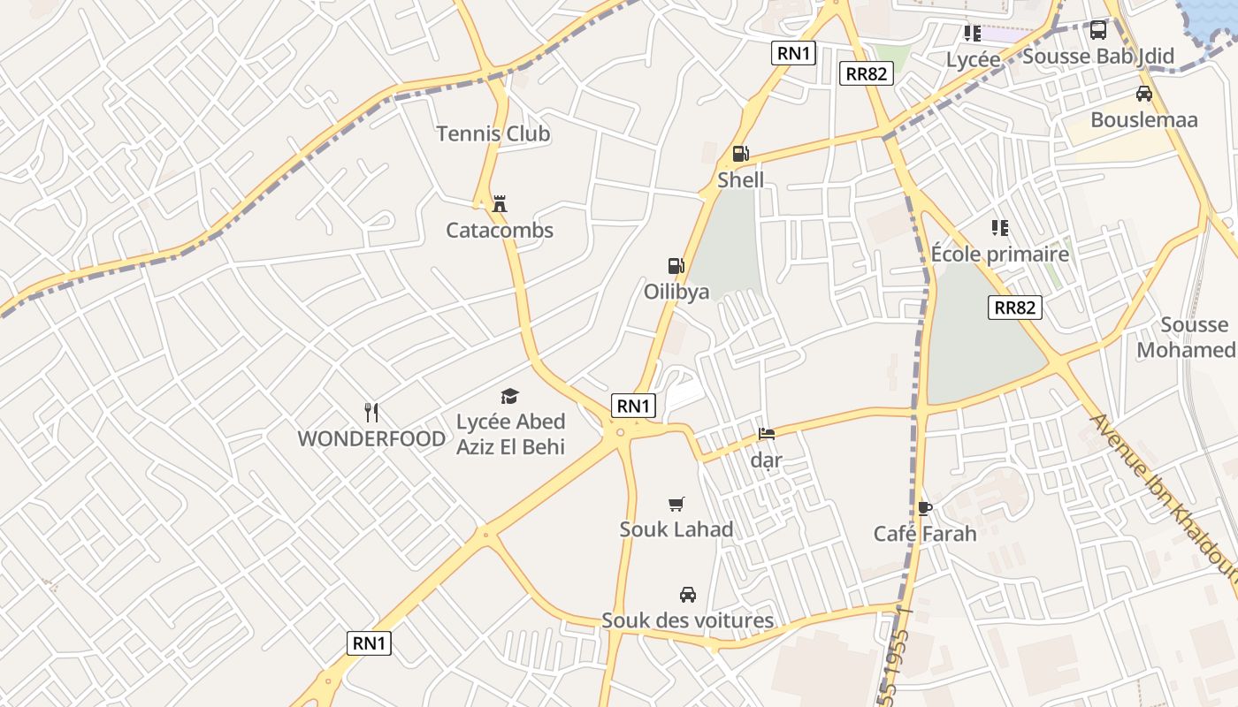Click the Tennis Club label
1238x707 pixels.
click(x=493, y=134)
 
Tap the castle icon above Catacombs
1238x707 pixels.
click(x=500, y=203)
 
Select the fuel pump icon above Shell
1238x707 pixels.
click(x=740, y=154)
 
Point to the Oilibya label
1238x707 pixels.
click(x=676, y=292)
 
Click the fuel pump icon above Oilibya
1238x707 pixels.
click(x=676, y=265)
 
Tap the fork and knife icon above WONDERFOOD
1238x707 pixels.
click(x=371, y=412)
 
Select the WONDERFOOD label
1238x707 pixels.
click(x=371, y=438)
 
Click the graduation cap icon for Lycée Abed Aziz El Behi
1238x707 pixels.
click(x=510, y=396)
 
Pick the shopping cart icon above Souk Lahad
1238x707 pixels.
click(x=676, y=504)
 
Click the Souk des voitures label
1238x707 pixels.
click(x=687, y=620)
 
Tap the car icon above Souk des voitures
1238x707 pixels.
click(x=687, y=594)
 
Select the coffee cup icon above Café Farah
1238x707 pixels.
click(x=925, y=507)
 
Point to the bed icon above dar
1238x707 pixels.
click(x=767, y=434)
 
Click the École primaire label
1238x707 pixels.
click(x=1000, y=255)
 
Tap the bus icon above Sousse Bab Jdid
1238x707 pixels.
click(x=1098, y=30)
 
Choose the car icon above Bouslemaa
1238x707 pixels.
click(x=1144, y=94)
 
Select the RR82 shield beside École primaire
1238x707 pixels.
click(x=1015, y=308)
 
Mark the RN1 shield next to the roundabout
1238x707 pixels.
click(x=633, y=406)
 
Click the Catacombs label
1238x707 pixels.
click(x=500, y=231)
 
